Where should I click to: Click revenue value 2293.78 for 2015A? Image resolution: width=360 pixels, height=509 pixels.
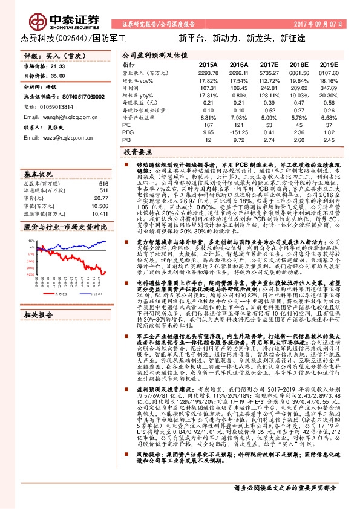tap(207, 72)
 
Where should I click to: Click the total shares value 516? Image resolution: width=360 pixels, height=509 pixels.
tap(103, 183)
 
